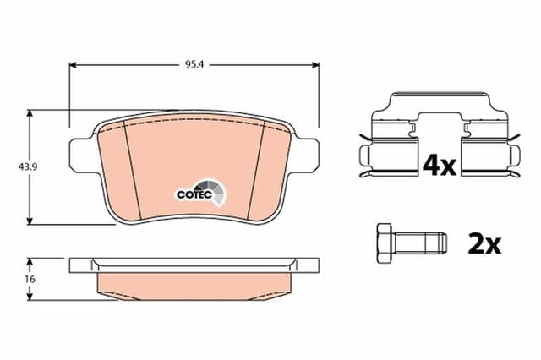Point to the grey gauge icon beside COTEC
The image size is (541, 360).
point(214,192)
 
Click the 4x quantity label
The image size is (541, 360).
point(439,164)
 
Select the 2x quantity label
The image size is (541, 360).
point(484,244)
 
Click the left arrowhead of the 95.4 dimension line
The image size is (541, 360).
point(72,63)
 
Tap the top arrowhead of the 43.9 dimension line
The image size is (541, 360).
point(32,112)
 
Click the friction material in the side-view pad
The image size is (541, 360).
point(194,283)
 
